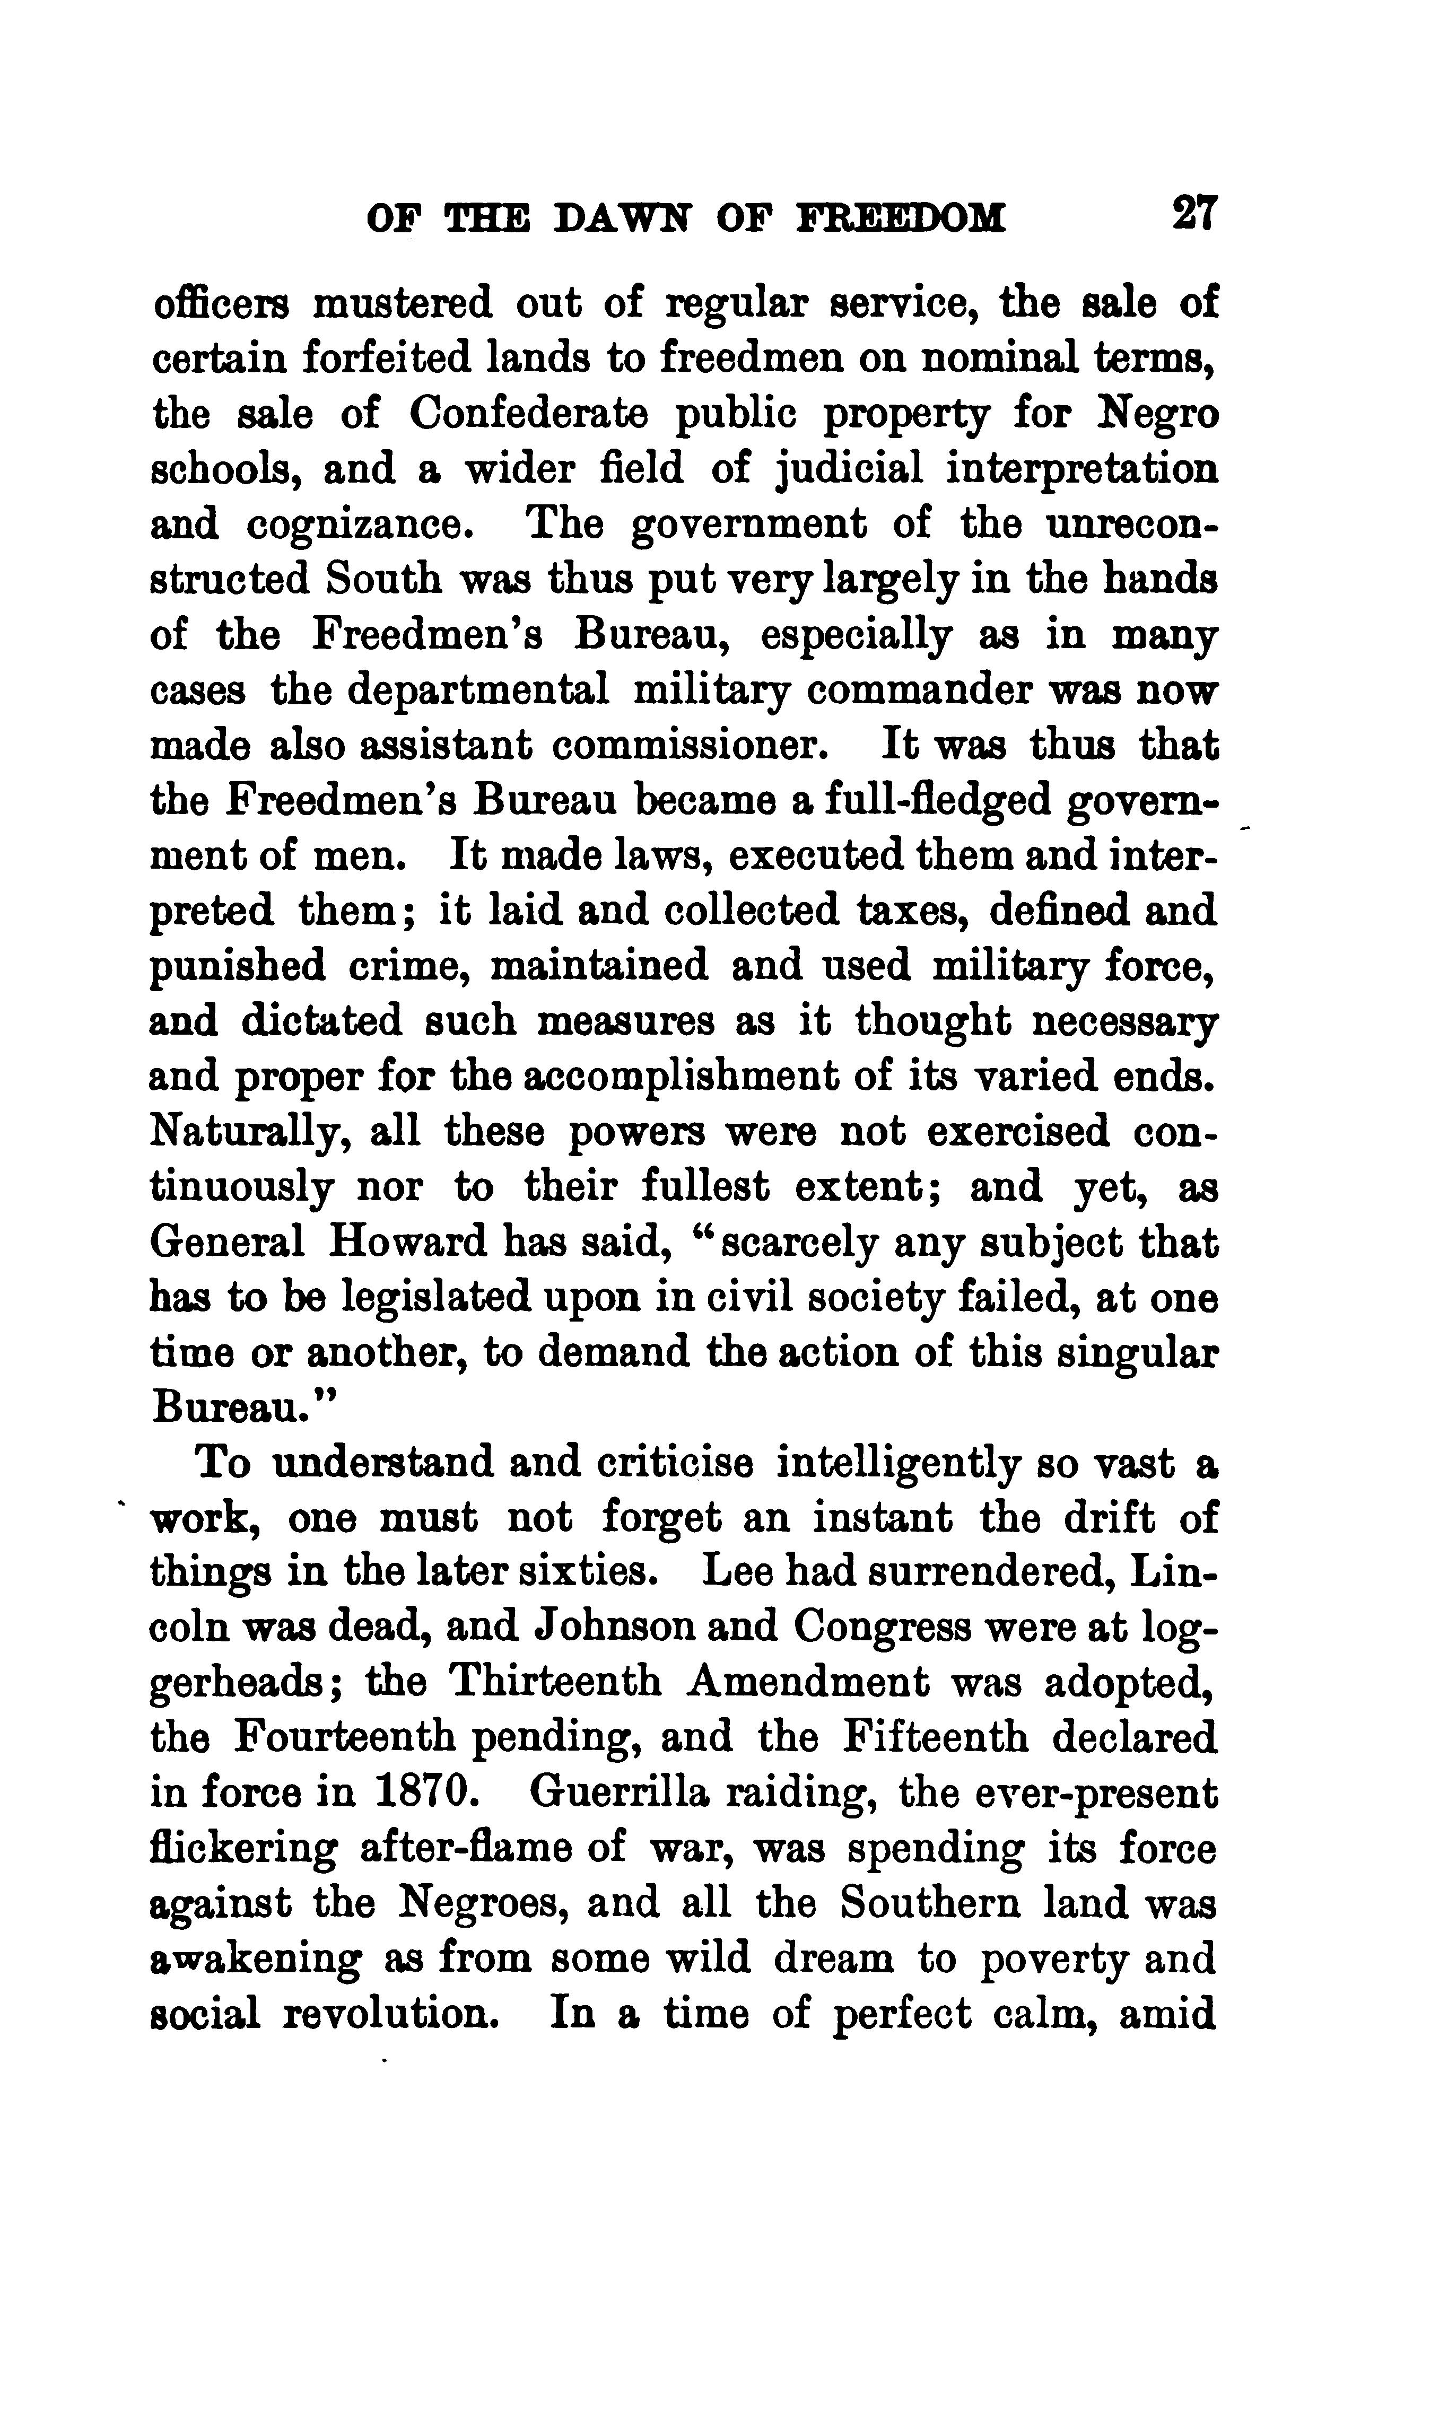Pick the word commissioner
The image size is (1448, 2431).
click(x=690, y=746)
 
